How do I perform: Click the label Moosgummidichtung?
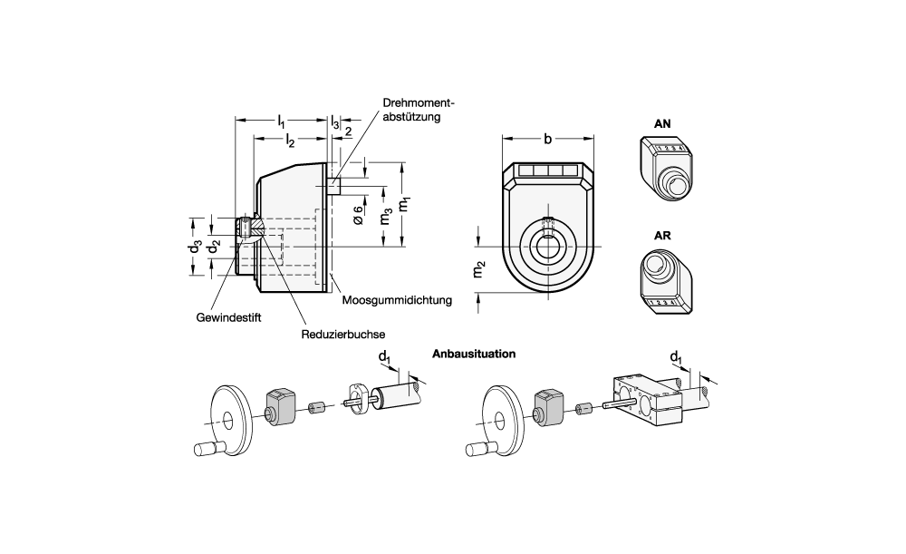[x=397, y=299]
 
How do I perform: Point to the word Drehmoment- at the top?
[x=418, y=103]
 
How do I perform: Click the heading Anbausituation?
[x=475, y=354]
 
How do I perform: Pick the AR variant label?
[x=663, y=235]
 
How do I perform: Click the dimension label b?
[x=547, y=139]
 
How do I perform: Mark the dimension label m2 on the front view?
[x=481, y=268]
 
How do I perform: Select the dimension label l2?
[x=289, y=140]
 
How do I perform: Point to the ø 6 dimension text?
[x=358, y=215]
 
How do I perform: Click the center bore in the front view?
[x=547, y=246]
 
